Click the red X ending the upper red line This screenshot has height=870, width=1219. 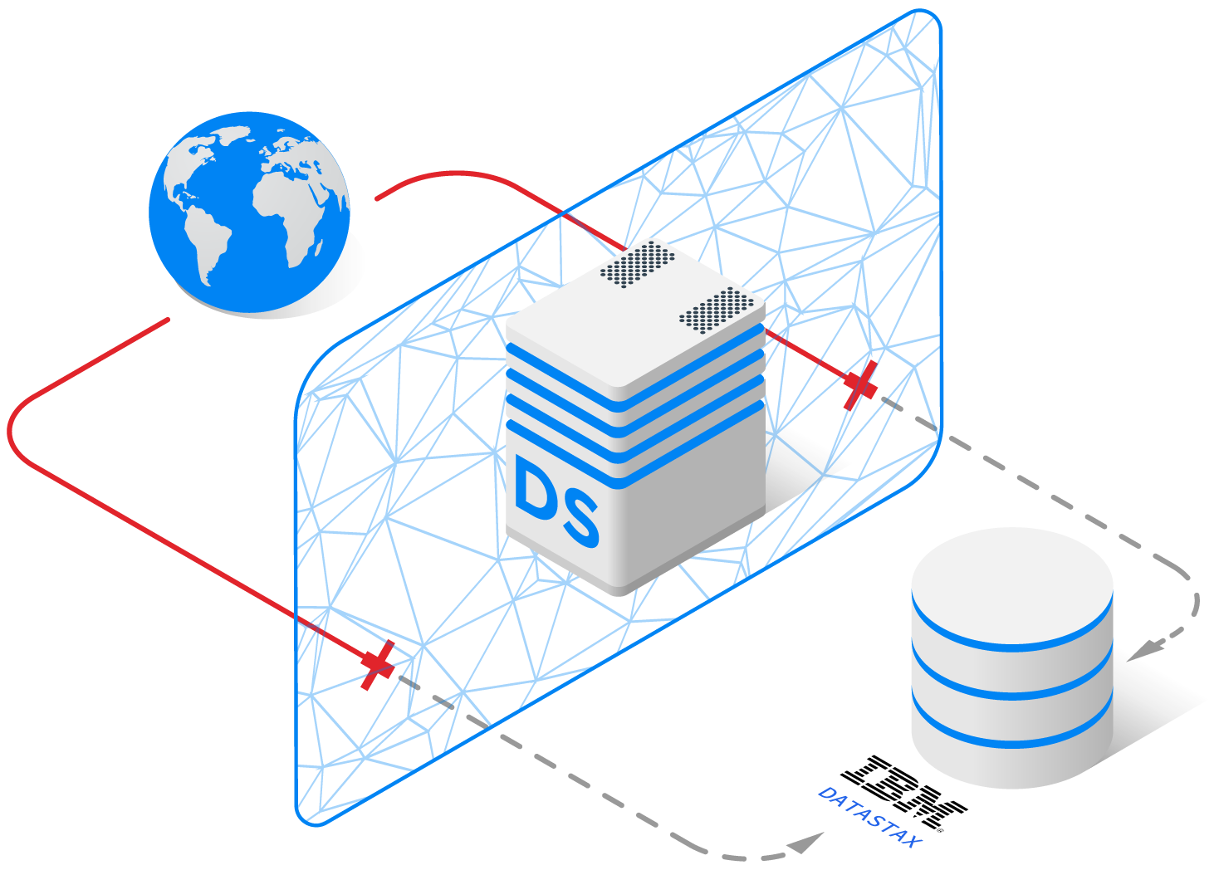(x=859, y=385)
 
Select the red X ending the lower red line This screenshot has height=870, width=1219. (x=378, y=664)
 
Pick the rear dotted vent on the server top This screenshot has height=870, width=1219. (x=638, y=261)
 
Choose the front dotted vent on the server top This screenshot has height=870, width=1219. (x=717, y=310)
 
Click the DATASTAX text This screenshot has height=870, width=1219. (x=869, y=817)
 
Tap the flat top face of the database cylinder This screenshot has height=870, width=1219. (x=1011, y=581)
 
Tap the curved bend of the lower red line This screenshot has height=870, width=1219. (x=13, y=432)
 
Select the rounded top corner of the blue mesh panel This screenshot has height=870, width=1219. (x=930, y=21)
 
